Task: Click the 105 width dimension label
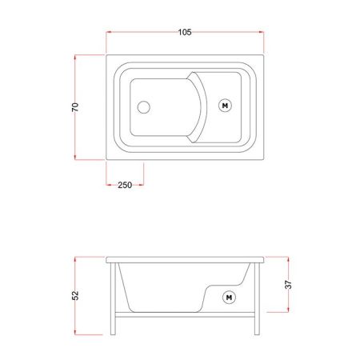(185, 32)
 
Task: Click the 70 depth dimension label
(75, 107)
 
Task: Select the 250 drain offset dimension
(125, 185)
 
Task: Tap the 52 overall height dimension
(75, 295)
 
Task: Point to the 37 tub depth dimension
(288, 285)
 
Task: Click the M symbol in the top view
(225, 106)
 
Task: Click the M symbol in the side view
(229, 298)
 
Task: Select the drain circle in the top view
(144, 107)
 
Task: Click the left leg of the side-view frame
(113, 298)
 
